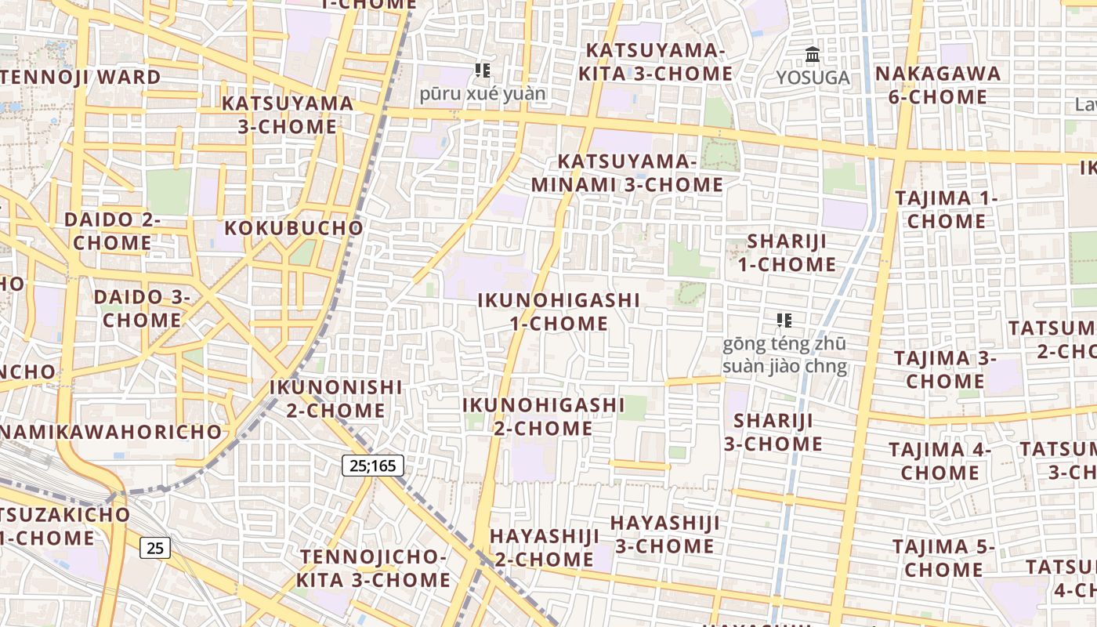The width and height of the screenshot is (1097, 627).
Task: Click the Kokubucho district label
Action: coord(294,228)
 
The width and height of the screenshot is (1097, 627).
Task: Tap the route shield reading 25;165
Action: coord(373,466)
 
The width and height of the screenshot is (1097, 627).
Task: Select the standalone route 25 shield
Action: coord(155,548)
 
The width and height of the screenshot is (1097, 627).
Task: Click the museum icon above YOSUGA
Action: coord(813,56)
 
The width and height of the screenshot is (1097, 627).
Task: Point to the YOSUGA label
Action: coord(813,78)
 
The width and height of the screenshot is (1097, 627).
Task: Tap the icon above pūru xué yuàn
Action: coord(483,71)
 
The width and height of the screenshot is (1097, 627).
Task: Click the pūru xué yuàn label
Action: coord(483,94)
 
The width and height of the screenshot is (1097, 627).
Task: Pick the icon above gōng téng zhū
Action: coord(784,320)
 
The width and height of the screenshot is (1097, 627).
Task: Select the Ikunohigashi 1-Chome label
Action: coord(559,311)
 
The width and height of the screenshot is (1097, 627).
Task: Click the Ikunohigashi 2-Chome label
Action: coord(543,416)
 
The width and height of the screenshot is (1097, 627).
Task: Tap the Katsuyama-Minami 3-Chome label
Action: coord(627,173)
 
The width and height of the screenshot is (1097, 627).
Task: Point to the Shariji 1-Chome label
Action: coord(787,252)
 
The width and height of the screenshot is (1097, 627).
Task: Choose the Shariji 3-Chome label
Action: coord(773,432)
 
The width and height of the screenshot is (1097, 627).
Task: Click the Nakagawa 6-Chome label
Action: coord(938,85)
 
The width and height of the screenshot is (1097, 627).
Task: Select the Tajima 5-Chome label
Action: coord(943,557)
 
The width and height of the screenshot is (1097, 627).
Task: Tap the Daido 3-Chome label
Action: coord(142,308)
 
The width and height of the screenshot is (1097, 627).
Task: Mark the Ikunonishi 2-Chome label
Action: coord(335,398)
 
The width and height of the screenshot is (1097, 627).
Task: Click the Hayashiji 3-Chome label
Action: coord(664,534)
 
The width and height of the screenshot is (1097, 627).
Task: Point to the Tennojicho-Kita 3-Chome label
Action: coord(373,568)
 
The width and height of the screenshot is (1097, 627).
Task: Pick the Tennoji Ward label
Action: coord(81,78)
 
